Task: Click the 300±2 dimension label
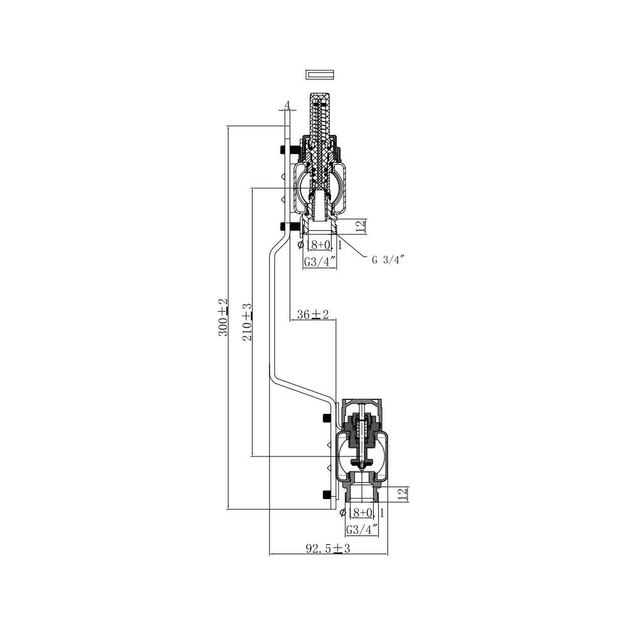pyautogui.click(x=223, y=317)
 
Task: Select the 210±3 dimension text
pyautogui.click(x=248, y=322)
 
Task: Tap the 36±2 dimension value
pyautogui.click(x=313, y=314)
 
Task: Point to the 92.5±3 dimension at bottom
pyautogui.click(x=328, y=548)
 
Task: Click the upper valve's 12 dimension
pyautogui.click(x=361, y=226)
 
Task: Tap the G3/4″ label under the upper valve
pyautogui.click(x=319, y=262)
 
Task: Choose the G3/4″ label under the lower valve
pyautogui.click(x=362, y=530)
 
